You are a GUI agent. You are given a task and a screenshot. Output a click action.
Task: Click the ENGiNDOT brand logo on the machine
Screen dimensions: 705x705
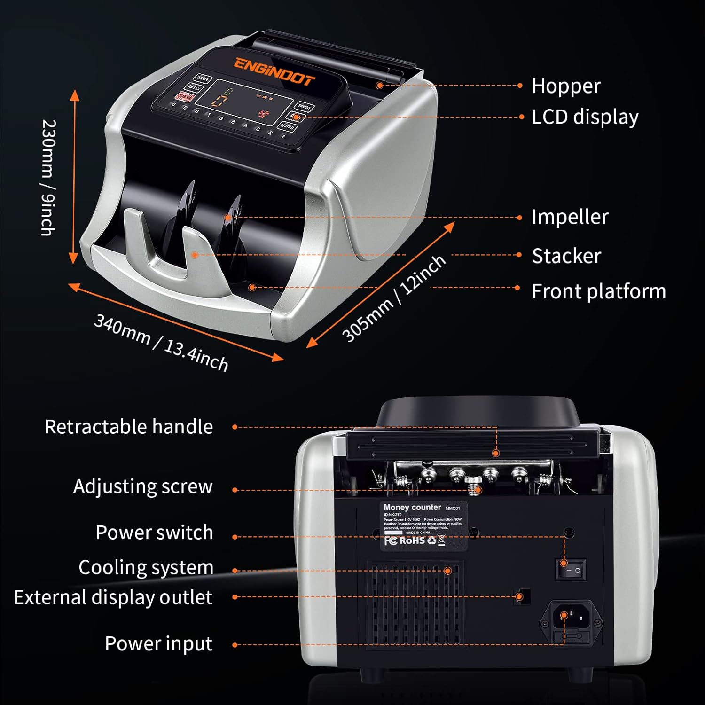(x=274, y=72)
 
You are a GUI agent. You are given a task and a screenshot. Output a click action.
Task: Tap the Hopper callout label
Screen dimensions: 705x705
(x=566, y=86)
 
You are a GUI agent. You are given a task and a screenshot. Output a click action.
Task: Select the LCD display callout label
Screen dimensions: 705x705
(x=585, y=117)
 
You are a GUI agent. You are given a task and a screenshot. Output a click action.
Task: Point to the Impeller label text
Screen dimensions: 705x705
(x=570, y=217)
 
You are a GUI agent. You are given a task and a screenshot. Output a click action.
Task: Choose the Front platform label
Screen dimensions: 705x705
(x=598, y=291)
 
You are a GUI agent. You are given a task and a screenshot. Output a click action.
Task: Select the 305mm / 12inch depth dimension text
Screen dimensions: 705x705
(x=393, y=299)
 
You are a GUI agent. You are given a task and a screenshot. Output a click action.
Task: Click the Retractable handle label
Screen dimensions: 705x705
(x=129, y=427)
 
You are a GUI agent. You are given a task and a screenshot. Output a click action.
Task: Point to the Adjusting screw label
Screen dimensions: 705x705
(x=143, y=486)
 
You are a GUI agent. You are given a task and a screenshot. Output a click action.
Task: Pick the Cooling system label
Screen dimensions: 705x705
(x=146, y=567)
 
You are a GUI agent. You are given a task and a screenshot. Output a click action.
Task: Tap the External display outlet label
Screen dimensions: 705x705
(x=113, y=597)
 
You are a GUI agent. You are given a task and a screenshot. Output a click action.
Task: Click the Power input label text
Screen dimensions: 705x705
(x=158, y=643)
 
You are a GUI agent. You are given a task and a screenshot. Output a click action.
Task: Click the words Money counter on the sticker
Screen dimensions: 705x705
(x=412, y=507)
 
